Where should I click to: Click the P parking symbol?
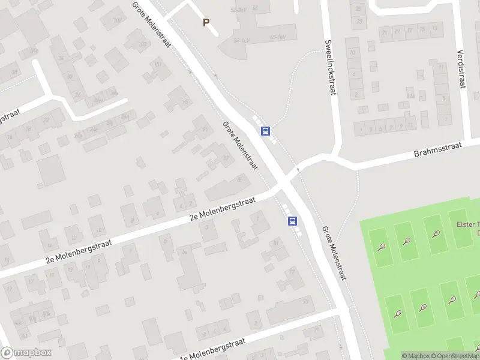(x=206, y=23)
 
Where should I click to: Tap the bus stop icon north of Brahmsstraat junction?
(x=265, y=131)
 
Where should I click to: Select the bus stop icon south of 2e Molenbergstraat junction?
(x=293, y=221)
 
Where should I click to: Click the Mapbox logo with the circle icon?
(x=26, y=353)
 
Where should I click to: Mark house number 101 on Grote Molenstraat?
(x=158, y=64)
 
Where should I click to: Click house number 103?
(x=142, y=44)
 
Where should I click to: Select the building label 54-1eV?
(x=242, y=40)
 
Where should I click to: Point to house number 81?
(x=276, y=242)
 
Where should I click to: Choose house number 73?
(x=306, y=301)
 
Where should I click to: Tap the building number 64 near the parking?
(x=255, y=8)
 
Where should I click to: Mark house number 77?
(x=292, y=271)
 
